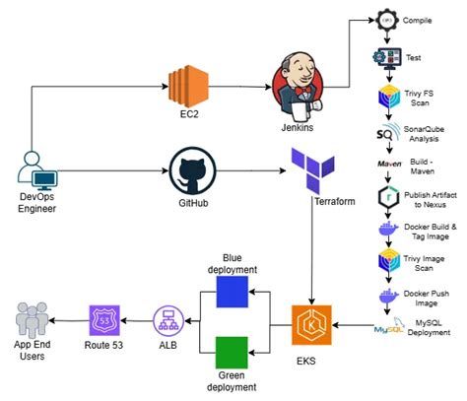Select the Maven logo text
386,163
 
